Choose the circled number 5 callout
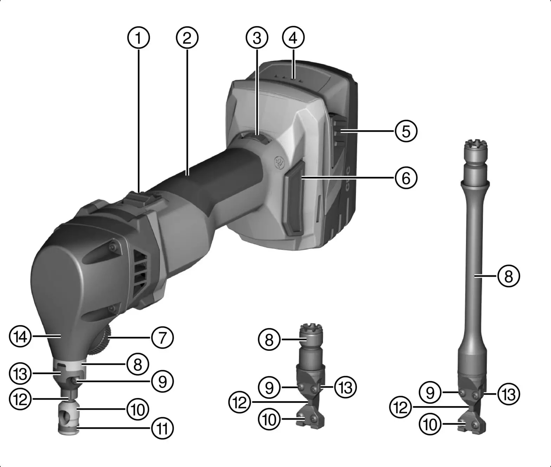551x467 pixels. click(406, 131)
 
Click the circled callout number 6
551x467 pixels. click(406, 178)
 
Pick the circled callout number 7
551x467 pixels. click(162, 338)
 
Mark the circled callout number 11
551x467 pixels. click(162, 428)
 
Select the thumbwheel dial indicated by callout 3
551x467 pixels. click(257, 138)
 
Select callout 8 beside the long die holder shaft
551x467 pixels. click(508, 277)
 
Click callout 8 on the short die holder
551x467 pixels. click(269, 340)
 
